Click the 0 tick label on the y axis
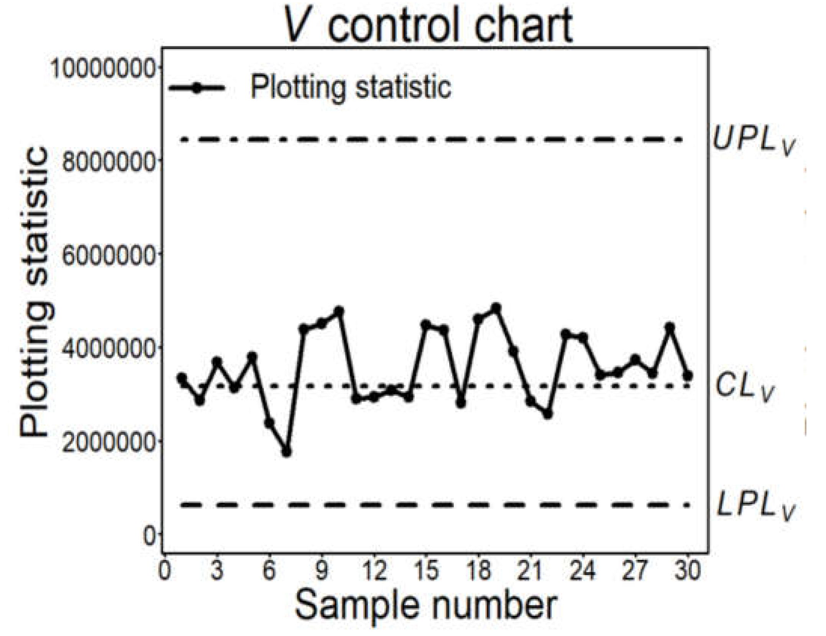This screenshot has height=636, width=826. pos(150,535)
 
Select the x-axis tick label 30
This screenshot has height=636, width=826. pos(688,571)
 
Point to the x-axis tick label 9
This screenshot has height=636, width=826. pos(322,571)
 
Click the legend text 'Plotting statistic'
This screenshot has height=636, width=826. pos(351,87)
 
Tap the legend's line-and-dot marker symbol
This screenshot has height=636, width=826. pos(197,88)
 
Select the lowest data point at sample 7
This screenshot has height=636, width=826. pos(286,452)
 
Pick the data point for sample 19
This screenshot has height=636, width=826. pos(496,308)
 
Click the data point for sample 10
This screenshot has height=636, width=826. pos(339,310)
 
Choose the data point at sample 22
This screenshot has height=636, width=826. pos(548,414)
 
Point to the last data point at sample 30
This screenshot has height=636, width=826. pos(688,376)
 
